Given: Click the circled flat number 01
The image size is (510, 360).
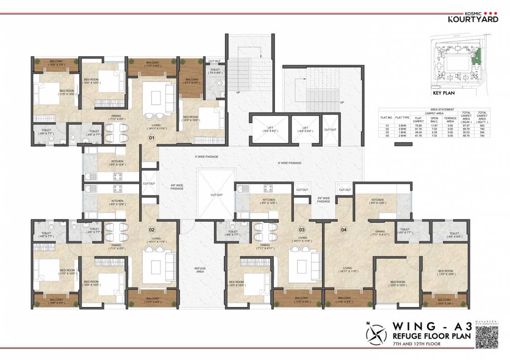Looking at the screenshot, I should [x=151, y=138].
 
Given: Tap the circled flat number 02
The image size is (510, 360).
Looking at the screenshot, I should [x=151, y=230].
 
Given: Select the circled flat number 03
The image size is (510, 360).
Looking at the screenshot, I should [x=302, y=230].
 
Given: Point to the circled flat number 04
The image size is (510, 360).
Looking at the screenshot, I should [x=344, y=230].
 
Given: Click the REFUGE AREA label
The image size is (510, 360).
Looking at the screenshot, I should [x=200, y=270].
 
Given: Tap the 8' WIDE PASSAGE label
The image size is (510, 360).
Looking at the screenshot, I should [x=289, y=163].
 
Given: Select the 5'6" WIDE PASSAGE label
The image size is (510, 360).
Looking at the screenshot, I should [x=324, y=200].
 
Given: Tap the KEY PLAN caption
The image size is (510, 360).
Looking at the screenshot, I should [x=443, y=93].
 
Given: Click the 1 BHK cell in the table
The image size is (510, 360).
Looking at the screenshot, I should [x=402, y=132].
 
